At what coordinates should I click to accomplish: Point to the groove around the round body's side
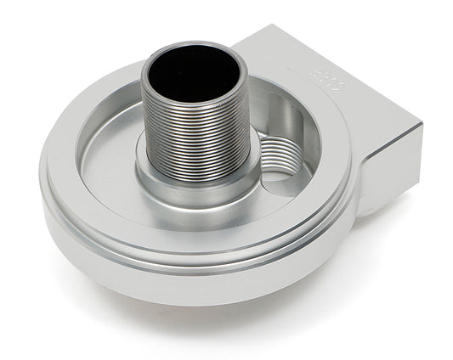coord(195,258)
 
